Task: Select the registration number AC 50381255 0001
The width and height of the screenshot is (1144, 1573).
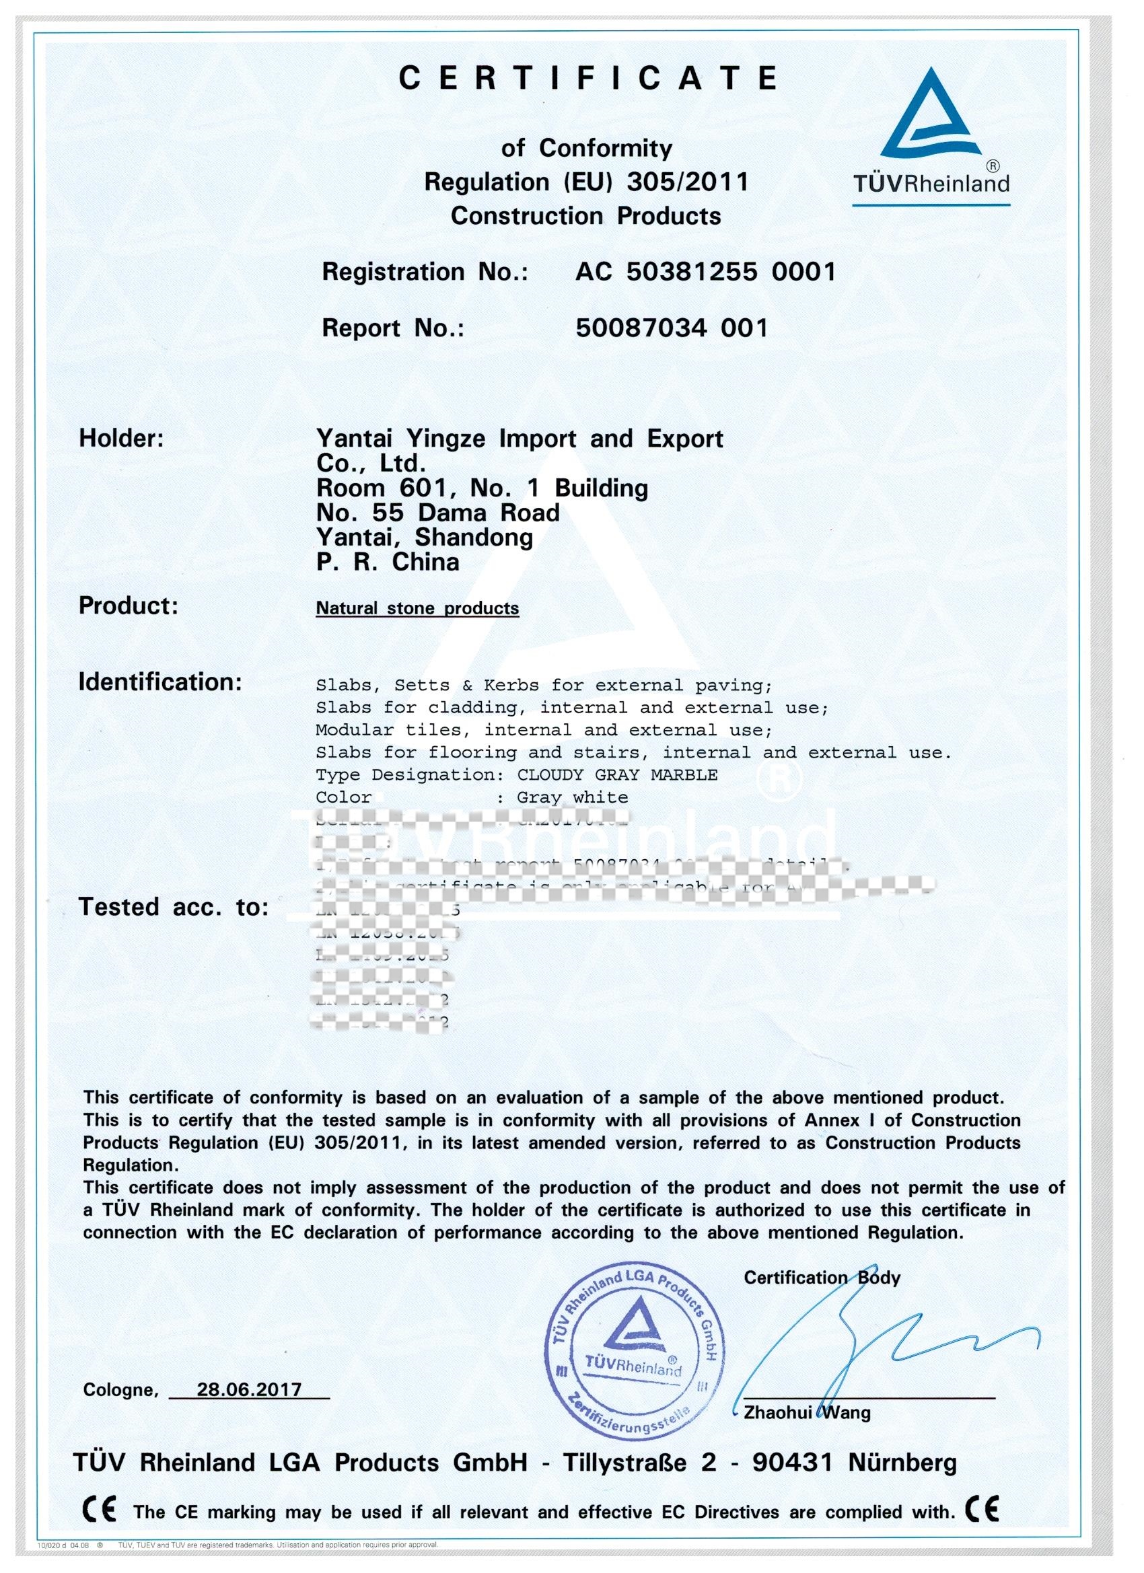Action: (x=705, y=272)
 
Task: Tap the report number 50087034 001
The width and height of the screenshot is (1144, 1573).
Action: (x=672, y=328)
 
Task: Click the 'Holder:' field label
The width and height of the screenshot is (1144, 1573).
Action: (x=121, y=439)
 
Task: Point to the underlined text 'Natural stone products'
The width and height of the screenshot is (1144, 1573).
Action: (x=417, y=608)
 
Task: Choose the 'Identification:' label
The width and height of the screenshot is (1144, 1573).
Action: (x=159, y=682)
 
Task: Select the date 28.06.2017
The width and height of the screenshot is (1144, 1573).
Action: (x=249, y=1389)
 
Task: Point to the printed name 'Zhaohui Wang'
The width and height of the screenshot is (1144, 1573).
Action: (x=806, y=1413)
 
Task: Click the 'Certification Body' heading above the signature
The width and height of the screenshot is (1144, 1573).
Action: (x=822, y=1278)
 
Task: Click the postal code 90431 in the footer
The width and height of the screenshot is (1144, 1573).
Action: (x=792, y=1463)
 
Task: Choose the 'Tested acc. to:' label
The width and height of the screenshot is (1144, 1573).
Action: (x=174, y=906)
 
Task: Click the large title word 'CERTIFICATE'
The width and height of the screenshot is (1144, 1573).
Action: (x=588, y=78)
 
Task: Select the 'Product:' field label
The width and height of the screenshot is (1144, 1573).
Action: (x=129, y=606)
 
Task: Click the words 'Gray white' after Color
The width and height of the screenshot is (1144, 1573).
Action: (x=573, y=797)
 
